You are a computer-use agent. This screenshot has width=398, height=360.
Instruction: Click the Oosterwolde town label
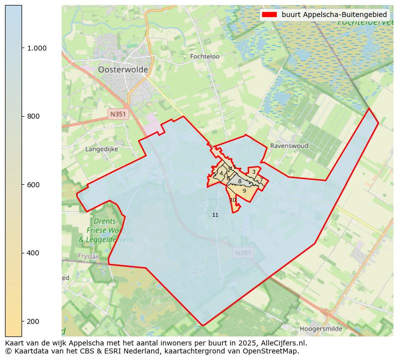123,70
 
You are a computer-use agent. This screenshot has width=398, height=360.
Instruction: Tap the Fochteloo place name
205,57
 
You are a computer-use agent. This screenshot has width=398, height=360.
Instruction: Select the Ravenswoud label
289,146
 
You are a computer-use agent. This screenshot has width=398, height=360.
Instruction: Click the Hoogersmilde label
321,329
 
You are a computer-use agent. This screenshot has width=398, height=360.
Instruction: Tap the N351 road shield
118,114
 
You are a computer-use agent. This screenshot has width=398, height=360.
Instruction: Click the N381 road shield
243,253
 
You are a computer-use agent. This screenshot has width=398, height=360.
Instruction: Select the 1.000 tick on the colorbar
37,48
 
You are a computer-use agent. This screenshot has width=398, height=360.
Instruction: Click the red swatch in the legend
269,15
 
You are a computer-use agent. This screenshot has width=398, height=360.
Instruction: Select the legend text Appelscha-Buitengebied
334,15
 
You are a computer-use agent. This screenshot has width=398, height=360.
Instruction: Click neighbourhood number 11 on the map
215,215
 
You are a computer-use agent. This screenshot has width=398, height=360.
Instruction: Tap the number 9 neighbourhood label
244,191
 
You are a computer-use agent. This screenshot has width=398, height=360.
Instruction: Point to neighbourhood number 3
254,172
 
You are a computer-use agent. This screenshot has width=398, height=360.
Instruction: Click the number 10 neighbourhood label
233,200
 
